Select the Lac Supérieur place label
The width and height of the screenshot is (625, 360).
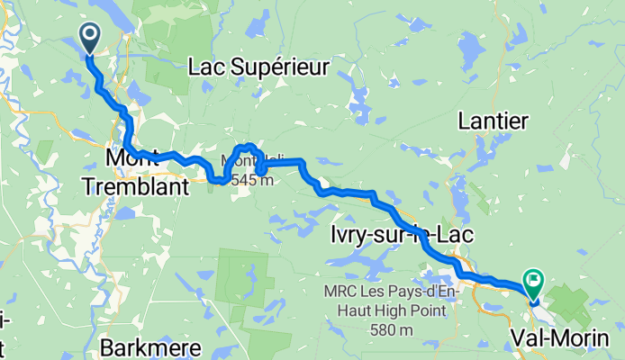click(258, 66)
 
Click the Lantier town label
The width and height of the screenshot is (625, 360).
click(494, 120)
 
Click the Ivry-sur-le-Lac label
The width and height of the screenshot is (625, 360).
click(398, 235)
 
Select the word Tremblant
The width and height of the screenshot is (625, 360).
click(135, 187)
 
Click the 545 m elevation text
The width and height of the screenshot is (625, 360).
click(252, 181)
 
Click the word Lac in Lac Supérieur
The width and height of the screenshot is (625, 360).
click(206, 66)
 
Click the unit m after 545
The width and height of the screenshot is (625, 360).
click(267, 181)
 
